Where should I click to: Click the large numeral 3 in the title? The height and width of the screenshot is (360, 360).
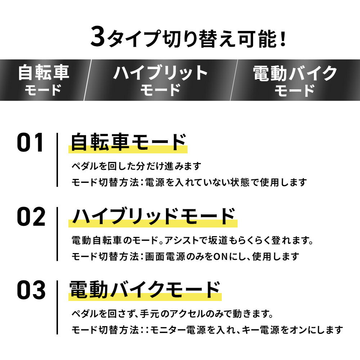(x=98, y=36)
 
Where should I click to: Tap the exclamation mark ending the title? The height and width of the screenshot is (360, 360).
(x=283, y=39)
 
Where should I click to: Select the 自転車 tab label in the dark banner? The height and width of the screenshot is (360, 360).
(x=44, y=73)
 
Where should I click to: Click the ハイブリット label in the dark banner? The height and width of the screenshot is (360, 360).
(x=160, y=73)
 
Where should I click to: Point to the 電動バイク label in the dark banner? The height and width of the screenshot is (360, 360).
(x=295, y=73)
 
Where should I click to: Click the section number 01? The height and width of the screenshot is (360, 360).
(x=30, y=142)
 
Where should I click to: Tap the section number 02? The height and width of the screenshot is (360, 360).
(x=31, y=216)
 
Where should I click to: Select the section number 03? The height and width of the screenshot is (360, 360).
(x=31, y=290)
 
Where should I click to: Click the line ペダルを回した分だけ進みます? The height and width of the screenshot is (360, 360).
(x=136, y=166)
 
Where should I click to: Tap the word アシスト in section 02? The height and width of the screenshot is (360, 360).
(x=181, y=240)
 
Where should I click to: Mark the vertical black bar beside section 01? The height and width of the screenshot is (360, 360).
(x=57, y=160)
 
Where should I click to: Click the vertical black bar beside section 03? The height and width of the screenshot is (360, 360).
(x=57, y=307)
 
